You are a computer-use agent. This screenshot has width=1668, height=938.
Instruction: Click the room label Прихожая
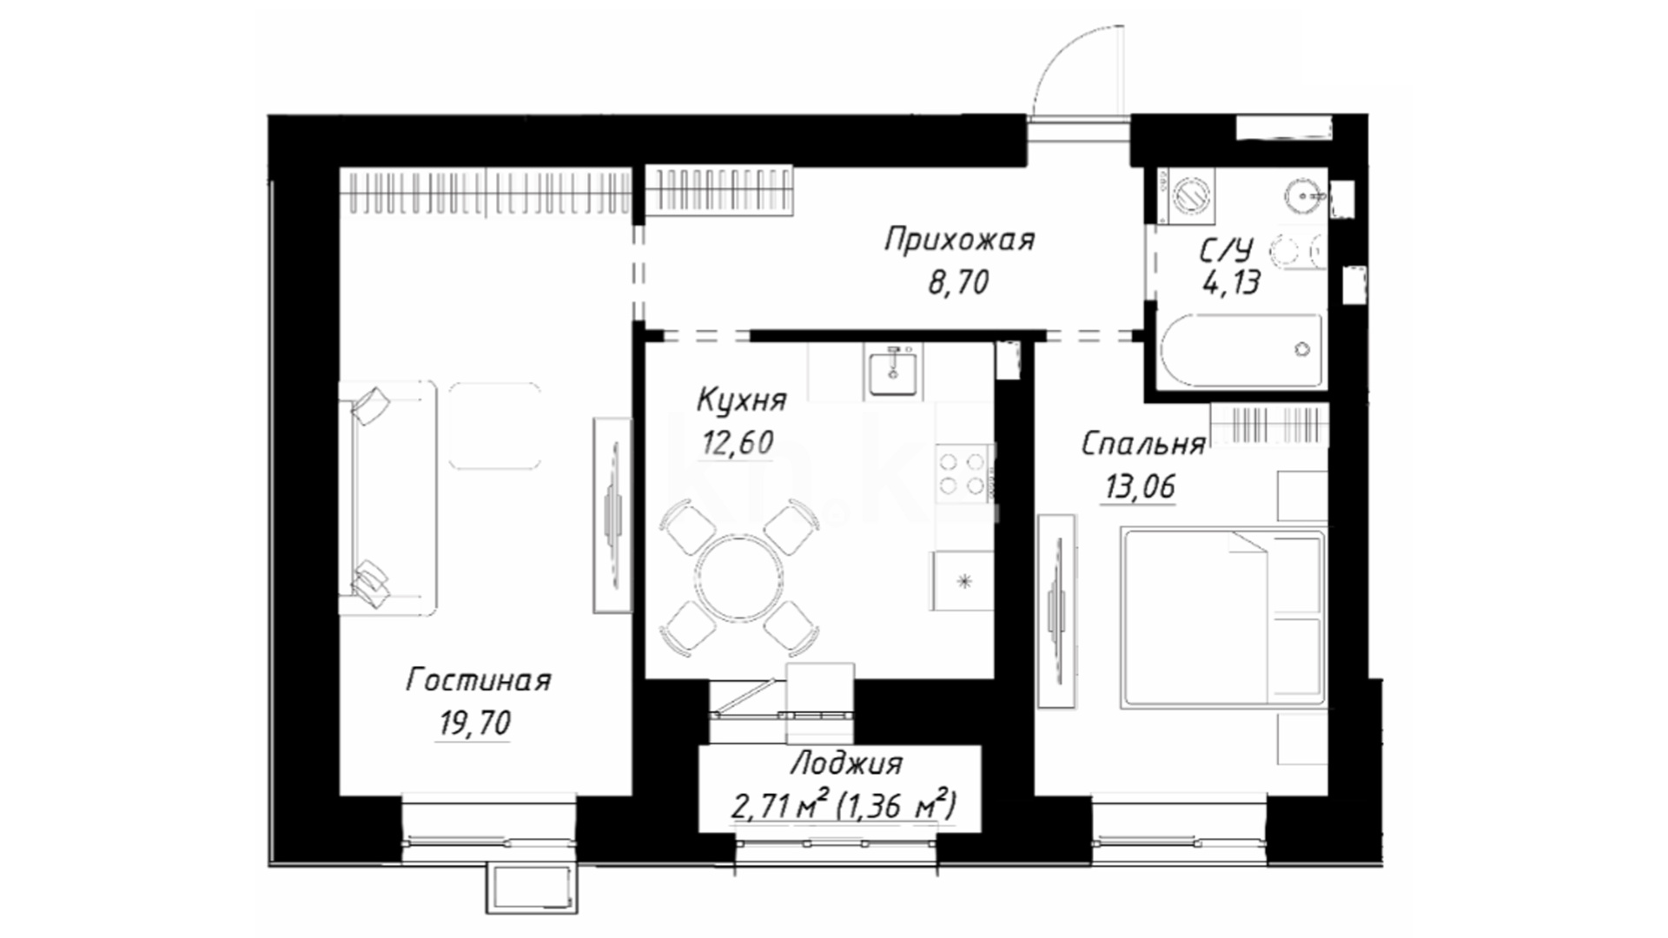(x=960, y=239)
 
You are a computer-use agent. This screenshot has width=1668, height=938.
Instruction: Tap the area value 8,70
(x=958, y=282)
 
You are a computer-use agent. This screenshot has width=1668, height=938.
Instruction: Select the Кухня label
(x=742, y=400)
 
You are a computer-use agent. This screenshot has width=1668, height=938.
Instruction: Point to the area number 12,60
(x=737, y=443)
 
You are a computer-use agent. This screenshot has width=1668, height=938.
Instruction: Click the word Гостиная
(x=479, y=680)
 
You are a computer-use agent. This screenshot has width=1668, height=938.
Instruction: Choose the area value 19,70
(x=474, y=723)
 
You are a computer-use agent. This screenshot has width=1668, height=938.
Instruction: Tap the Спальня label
(x=1143, y=444)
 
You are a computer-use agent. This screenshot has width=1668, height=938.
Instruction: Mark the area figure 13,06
(x=1140, y=487)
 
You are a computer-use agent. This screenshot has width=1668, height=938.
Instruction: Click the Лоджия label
(x=847, y=764)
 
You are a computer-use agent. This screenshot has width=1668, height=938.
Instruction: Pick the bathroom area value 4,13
(x=1231, y=282)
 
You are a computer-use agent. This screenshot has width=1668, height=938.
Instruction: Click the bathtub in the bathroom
(x=1241, y=351)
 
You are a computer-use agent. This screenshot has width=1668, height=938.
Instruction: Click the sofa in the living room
(x=387, y=498)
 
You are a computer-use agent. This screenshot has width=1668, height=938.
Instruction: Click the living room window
(x=489, y=840)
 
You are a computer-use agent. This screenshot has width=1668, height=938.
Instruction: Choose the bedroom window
(x=1180, y=840)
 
